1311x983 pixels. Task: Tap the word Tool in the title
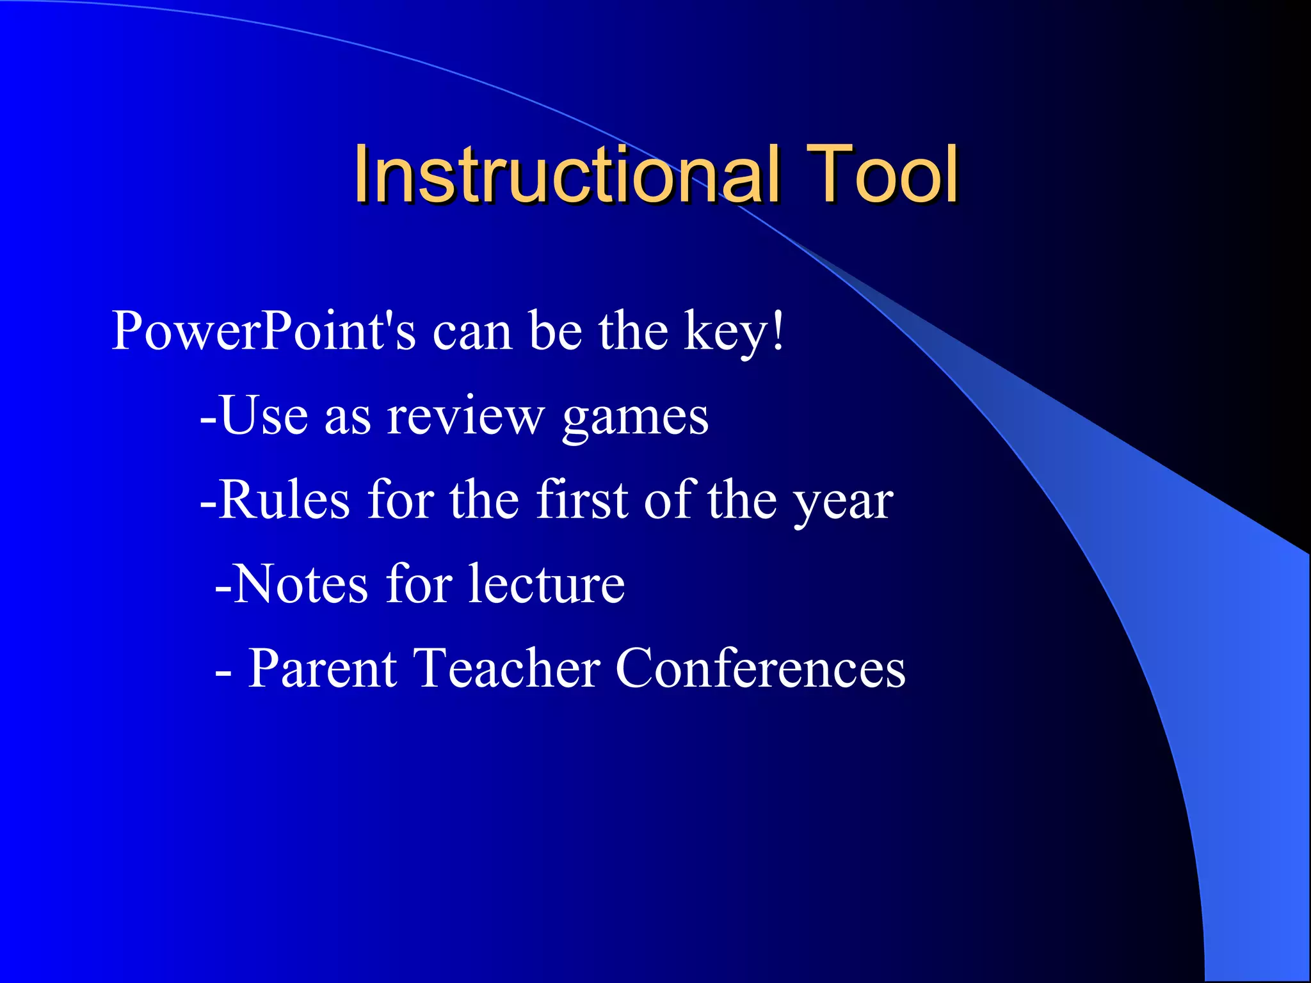[x=881, y=174]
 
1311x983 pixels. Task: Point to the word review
[x=465, y=417]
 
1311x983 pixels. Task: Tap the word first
[x=582, y=500]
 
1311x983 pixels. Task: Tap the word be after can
[x=556, y=332]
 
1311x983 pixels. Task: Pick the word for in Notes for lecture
[x=419, y=584]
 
